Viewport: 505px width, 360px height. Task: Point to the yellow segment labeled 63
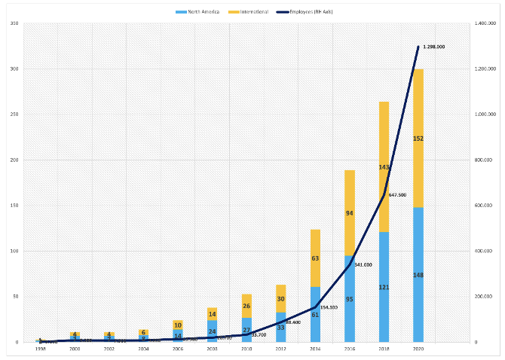click(x=315, y=258)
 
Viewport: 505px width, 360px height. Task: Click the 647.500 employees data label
click(x=397, y=194)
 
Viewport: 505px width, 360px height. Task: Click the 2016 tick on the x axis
click(x=349, y=349)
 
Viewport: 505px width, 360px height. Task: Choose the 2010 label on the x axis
click(x=246, y=349)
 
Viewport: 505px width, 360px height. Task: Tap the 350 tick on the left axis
click(x=14, y=24)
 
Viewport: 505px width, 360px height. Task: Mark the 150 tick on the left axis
click(x=14, y=206)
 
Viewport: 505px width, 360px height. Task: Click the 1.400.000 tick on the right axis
click(x=482, y=24)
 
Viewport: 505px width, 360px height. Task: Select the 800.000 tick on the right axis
click(x=482, y=160)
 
